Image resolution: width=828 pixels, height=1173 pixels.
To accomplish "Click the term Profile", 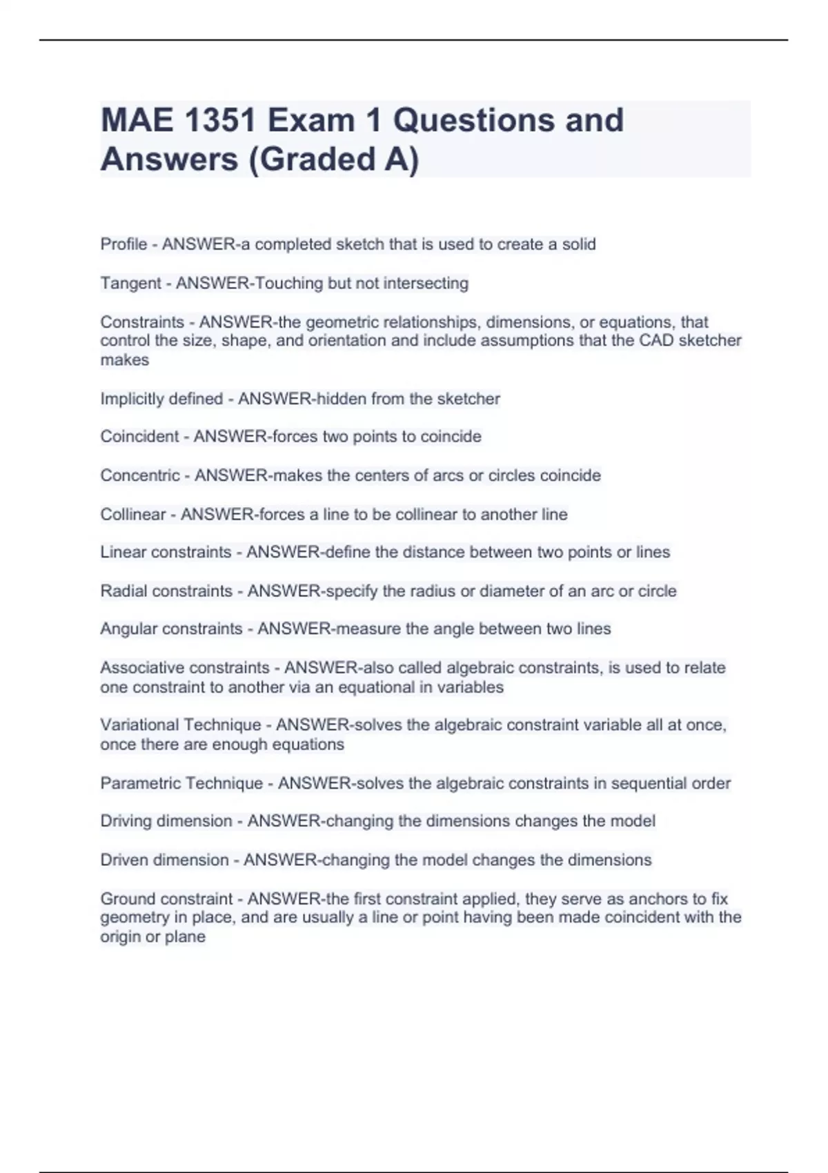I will (124, 244).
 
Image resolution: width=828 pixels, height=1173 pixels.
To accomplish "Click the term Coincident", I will (139, 437).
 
